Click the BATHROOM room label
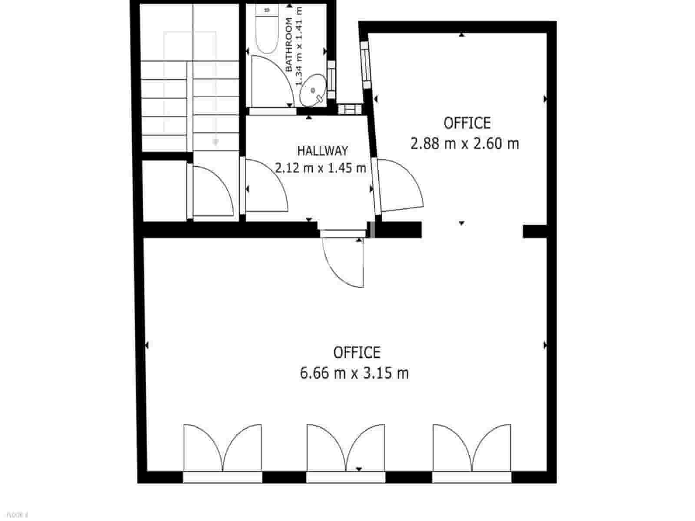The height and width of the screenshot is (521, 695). click(289, 45)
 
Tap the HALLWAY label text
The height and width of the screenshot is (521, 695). click(322, 151)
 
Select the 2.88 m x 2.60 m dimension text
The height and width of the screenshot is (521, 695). click(465, 143)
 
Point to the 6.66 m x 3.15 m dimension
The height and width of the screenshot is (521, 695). click(354, 373)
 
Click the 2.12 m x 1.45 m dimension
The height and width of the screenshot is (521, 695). click(321, 168)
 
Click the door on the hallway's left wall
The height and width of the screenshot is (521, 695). click(265, 187)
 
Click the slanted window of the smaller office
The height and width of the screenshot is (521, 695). click(366, 65)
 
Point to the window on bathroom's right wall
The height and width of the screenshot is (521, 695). click(331, 79)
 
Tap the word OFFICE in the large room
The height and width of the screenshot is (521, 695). click(357, 352)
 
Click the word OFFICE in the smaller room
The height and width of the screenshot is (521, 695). click(467, 123)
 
